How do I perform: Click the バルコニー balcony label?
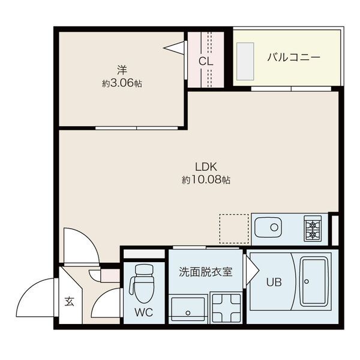tap(293, 58)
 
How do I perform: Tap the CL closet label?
tap(206, 61)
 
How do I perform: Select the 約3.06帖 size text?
tap(122, 84)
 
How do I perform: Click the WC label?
tap(143, 312)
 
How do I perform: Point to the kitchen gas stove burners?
tap(313, 229)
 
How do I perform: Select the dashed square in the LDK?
tap(234, 228)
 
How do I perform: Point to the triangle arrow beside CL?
tap(175, 48)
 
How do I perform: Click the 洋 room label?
tap(122, 70)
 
